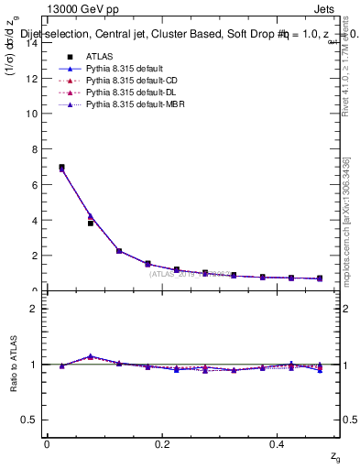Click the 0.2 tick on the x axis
coord(162,444)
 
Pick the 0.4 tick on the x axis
coord(278,444)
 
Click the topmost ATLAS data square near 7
coord(61,168)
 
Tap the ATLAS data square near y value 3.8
coord(90,223)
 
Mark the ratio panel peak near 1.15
coord(90,356)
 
